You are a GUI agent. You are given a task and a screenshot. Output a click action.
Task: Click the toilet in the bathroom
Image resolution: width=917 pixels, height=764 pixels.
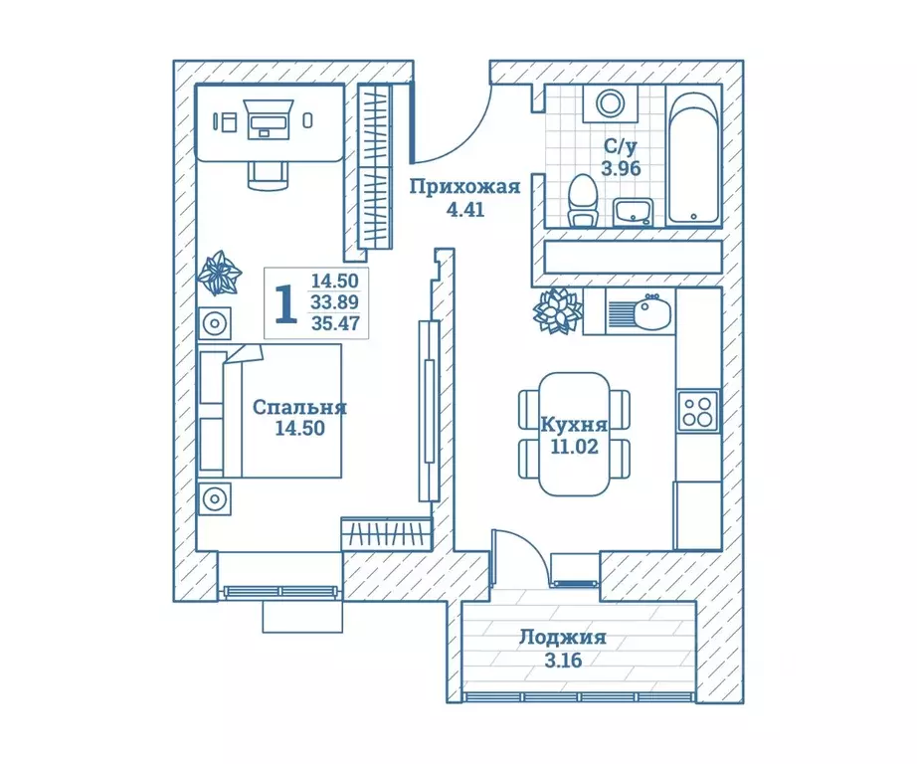tap(583, 200)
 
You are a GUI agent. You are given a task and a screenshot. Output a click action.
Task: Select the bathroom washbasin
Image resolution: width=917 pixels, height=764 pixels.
tap(633, 211)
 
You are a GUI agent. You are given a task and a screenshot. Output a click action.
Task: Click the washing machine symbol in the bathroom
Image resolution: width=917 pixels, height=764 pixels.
tap(611, 103)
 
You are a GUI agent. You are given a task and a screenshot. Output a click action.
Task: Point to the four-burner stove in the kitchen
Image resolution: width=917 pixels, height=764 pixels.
tap(697, 411)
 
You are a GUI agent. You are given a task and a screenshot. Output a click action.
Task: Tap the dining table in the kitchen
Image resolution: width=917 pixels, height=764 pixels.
tap(574, 434)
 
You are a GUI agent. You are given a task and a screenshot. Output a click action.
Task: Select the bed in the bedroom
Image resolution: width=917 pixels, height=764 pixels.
tap(270, 411)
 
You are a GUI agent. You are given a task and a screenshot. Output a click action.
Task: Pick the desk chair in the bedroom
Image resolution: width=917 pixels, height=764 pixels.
tap(268, 175)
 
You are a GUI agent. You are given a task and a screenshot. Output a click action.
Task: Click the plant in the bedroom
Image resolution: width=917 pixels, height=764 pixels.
tap(220, 273)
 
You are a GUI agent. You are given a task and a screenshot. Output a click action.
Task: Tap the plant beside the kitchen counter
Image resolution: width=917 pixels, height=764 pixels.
tap(557, 311)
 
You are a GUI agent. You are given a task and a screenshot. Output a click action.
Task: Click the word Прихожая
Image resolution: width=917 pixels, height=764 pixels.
tap(464, 187)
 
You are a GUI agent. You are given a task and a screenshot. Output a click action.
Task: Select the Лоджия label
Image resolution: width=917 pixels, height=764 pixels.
tap(563, 637)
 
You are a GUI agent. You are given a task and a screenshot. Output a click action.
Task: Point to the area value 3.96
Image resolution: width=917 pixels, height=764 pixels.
tap(621, 168)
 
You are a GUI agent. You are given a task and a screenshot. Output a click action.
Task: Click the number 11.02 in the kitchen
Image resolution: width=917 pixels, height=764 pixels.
tap(574, 447)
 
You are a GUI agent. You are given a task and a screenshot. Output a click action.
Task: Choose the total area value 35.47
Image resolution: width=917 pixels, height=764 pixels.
tap(335, 323)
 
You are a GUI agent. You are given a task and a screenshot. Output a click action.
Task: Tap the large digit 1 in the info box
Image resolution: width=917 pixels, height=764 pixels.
tap(286, 303)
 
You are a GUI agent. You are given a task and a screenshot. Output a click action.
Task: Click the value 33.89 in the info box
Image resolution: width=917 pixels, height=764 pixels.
tap(335, 301)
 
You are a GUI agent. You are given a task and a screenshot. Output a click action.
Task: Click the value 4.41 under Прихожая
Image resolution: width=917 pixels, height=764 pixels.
tap(465, 209)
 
